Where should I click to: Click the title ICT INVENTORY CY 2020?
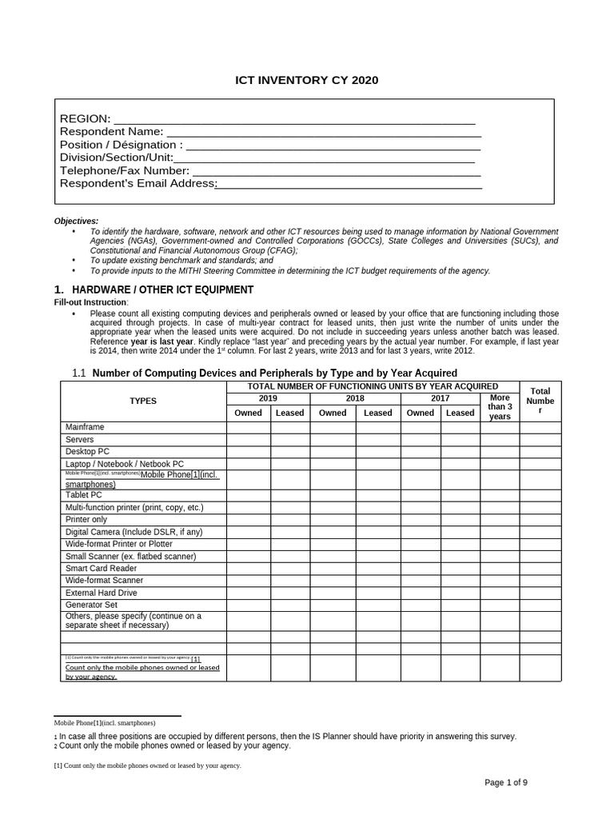coord(306,80)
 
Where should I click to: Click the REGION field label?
coord(85,119)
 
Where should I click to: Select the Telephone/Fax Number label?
coord(125,170)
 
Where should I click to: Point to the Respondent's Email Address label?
coord(138,183)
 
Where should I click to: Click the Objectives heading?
coord(76,221)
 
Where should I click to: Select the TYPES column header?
coord(143,401)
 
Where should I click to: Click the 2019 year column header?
coord(268,398)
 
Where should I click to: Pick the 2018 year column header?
coord(355,398)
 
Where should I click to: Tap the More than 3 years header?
coord(500,406)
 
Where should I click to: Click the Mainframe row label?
coord(85,427)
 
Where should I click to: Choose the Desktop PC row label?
coord(87,451)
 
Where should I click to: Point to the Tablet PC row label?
coord(84,495)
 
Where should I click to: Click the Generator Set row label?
coord(91,605)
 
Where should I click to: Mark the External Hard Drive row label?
coord(101,593)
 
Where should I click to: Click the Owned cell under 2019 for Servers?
coord(248,439)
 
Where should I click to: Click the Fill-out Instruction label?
coord(90,302)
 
